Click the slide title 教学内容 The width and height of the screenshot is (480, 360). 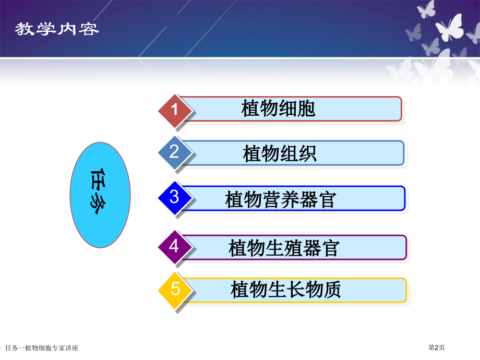click(57, 29)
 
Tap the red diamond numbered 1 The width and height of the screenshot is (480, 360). click(175, 111)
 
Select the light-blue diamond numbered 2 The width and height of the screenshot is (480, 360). click(175, 152)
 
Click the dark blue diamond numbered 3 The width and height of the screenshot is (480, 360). click(175, 198)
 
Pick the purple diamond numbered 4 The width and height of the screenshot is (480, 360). click(175, 247)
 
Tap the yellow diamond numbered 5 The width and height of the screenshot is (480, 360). click(175, 290)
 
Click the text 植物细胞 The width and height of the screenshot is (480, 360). click(278, 109)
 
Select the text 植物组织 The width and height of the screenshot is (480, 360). click(280, 153)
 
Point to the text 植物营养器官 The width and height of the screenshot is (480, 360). click(281, 199)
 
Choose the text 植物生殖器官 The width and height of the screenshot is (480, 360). click(284, 248)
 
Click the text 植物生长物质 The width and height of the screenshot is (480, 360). click(285, 289)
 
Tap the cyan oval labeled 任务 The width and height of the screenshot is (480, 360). click(100, 195)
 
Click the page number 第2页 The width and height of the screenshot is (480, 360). click(436, 347)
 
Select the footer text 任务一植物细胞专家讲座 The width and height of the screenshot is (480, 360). click(42, 348)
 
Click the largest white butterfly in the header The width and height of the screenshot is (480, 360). click(450, 28)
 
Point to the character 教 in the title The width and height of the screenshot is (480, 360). click(25, 29)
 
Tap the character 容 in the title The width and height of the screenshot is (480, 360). click(89, 29)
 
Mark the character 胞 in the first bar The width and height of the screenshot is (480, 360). click(306, 109)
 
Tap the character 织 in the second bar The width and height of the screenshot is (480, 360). click(308, 153)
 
